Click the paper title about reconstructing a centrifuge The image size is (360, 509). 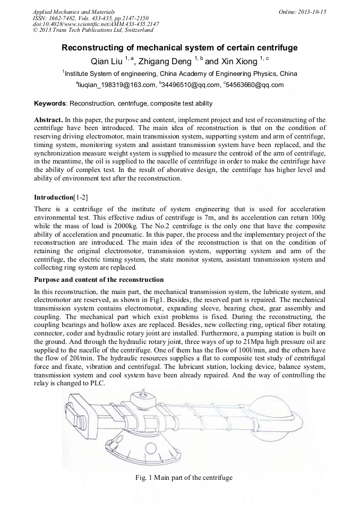click(x=179, y=48)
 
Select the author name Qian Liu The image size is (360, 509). click(x=107, y=61)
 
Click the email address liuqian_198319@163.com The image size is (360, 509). click(x=116, y=84)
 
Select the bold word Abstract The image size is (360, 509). click(x=49, y=120)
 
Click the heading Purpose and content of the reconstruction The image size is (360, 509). click(x=99, y=279)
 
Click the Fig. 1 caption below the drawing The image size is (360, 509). click(x=184, y=477)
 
